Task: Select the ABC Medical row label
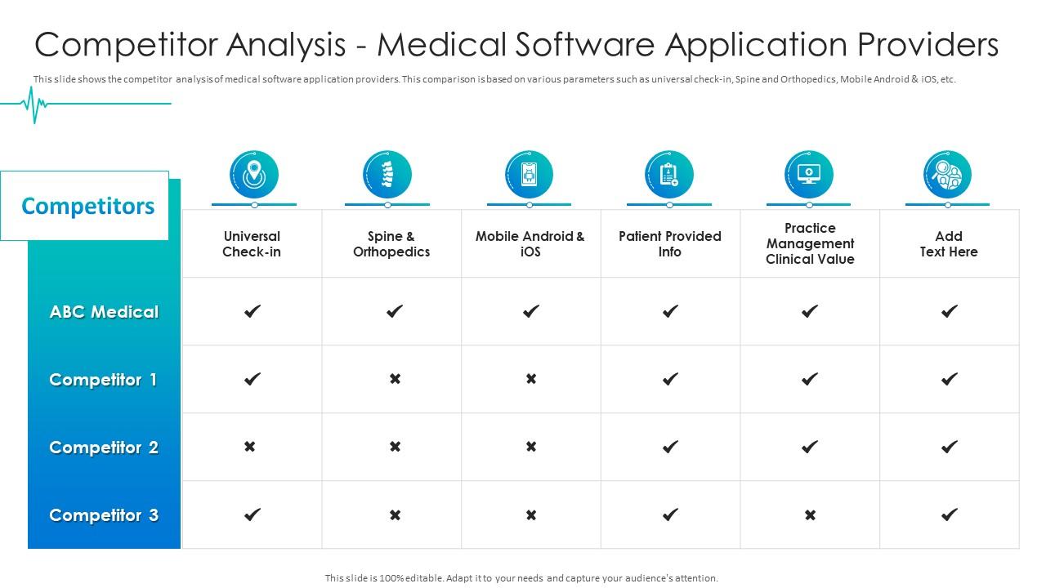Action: tap(104, 312)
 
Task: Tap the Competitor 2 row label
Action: tap(104, 448)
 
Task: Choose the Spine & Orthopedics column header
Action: tap(391, 244)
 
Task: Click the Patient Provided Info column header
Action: tap(670, 244)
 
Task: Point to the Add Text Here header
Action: tap(949, 244)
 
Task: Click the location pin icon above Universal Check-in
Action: tap(254, 174)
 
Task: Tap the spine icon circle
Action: tap(387, 174)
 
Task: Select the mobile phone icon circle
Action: tap(530, 174)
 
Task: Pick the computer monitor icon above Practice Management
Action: tap(809, 174)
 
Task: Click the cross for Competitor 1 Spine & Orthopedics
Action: tap(395, 379)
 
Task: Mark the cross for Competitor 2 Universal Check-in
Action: tap(250, 447)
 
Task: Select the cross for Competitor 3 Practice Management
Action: tap(810, 514)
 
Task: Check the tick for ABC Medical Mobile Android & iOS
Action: tap(531, 311)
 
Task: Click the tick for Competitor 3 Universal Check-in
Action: tap(253, 514)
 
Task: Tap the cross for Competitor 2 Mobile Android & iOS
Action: tap(531, 447)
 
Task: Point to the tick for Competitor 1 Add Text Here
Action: tap(949, 379)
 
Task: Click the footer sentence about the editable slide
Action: tap(521, 578)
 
